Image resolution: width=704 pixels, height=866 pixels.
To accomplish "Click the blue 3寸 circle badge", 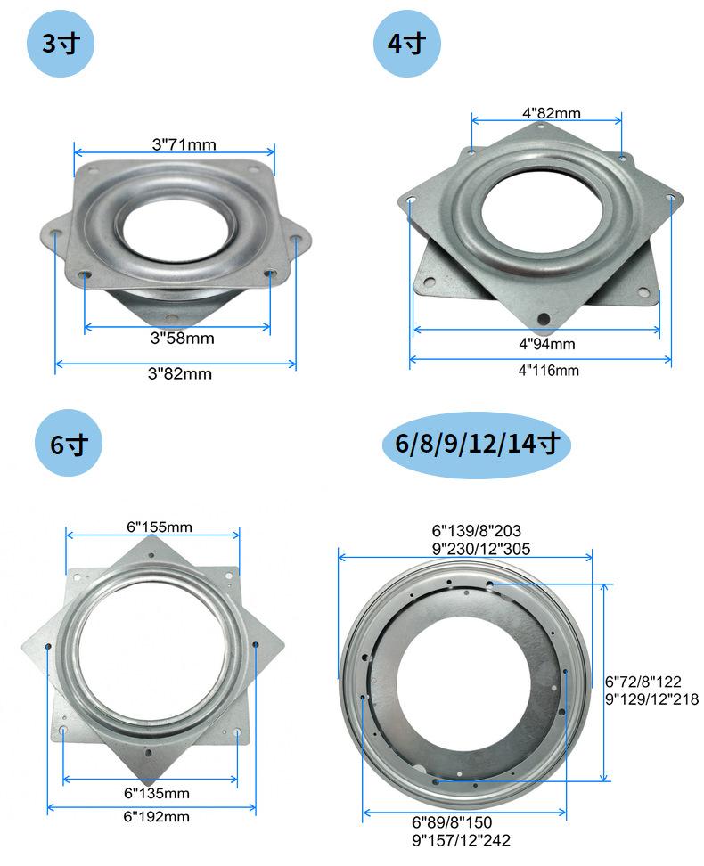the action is [x=61, y=43].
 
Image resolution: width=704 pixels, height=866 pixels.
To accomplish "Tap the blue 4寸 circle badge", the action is [x=406, y=43].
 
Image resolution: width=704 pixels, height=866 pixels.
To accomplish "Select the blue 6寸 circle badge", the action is [x=69, y=444].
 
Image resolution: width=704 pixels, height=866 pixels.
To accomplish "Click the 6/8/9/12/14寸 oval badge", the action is [x=477, y=444].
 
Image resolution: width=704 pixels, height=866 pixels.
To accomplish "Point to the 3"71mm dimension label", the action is [x=184, y=144].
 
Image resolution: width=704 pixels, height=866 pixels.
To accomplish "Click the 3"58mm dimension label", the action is [x=183, y=338].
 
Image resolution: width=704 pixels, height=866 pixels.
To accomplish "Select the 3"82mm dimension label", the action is [x=180, y=374].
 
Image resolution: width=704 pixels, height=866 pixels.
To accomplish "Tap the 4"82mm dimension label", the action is [x=552, y=113].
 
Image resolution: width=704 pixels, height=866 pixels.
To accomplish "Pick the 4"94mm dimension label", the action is [x=546, y=344].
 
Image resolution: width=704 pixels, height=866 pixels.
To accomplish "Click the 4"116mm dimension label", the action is [x=548, y=371].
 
